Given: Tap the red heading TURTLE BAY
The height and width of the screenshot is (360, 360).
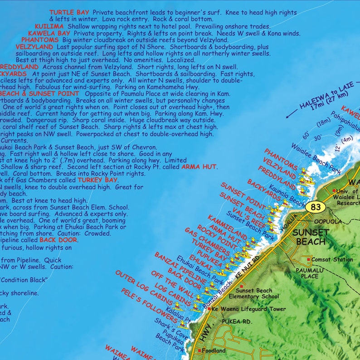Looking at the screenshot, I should (69, 12).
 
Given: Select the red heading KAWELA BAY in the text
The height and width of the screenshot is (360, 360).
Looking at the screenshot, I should (49, 34).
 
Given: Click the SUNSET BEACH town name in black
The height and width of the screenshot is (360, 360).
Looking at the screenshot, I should (311, 236).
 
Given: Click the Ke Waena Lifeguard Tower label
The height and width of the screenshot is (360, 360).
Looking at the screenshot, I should (248, 309).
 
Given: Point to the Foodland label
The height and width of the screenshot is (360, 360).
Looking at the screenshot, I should (213, 350).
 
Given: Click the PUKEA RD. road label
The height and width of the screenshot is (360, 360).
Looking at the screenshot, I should (236, 321).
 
